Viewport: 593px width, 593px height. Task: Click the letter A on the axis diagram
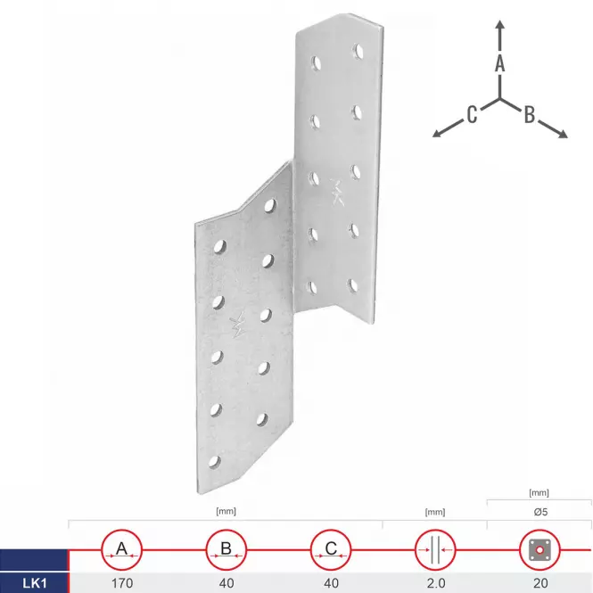coord(500,63)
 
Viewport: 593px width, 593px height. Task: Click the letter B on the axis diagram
coord(530,114)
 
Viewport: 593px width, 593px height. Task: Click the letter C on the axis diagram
coord(472,114)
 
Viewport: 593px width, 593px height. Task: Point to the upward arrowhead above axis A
coord(500,25)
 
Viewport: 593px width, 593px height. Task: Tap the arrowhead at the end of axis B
coord(563,134)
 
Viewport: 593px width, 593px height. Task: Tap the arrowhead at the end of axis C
coord(438,133)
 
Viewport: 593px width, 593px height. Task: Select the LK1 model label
coord(35,583)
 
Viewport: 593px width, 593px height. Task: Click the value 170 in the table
coord(122,583)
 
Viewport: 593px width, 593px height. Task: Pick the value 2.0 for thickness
coord(436,583)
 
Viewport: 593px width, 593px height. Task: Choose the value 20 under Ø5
coord(540,583)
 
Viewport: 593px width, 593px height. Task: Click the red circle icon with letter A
coord(122,550)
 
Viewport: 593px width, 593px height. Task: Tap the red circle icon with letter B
coord(226,550)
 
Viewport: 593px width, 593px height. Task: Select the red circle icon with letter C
coord(331,550)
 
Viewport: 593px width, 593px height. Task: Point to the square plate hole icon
coord(539,550)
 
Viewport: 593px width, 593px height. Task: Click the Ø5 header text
coord(540,512)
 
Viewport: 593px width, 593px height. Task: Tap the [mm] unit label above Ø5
coord(539,493)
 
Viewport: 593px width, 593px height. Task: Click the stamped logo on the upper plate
coord(336,192)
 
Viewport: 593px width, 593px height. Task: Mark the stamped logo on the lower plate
coord(238,324)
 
